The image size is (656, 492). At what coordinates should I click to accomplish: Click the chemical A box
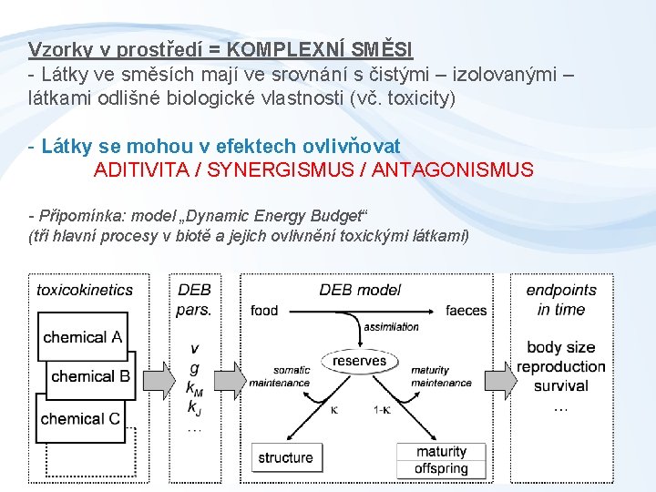82,337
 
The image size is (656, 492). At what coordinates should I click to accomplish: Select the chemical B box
90,376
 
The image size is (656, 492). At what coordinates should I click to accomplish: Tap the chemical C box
80,418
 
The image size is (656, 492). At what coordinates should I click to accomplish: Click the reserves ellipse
359,361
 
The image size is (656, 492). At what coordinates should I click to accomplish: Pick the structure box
285,457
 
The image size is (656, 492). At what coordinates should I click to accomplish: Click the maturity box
441,452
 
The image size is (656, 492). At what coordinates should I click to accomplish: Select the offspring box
441,468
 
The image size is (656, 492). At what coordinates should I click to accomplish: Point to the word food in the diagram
264,311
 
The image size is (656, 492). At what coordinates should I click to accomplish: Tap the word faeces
466,311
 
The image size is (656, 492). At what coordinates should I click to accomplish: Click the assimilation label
391,327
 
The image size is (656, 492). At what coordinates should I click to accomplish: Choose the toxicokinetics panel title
85,290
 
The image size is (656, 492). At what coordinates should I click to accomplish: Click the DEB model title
360,290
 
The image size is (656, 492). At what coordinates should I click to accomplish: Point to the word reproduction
560,366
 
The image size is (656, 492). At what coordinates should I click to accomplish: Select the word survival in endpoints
560,385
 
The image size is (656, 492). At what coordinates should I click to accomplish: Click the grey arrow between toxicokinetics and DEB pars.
155,375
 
